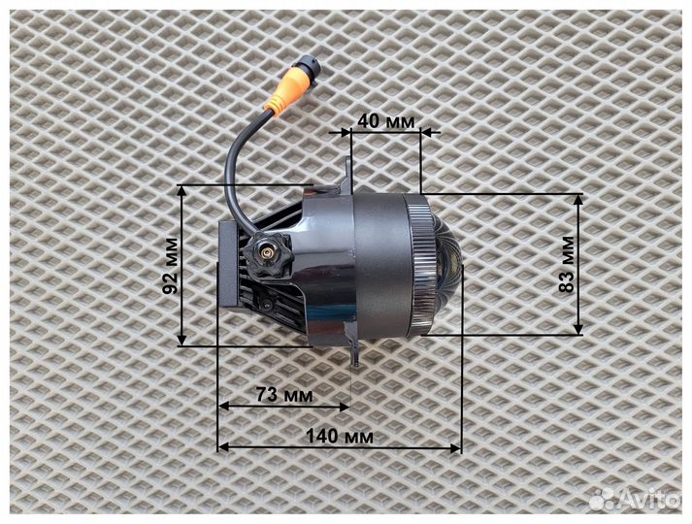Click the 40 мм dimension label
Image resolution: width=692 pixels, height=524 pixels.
point(386,120)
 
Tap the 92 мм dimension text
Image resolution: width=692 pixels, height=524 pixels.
point(171,266)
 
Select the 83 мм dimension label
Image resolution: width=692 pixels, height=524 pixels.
point(567,264)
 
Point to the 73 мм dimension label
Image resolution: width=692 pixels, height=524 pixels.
point(284,394)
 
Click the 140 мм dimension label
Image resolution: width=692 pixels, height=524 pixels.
point(340,437)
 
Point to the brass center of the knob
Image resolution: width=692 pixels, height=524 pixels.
point(267,253)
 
